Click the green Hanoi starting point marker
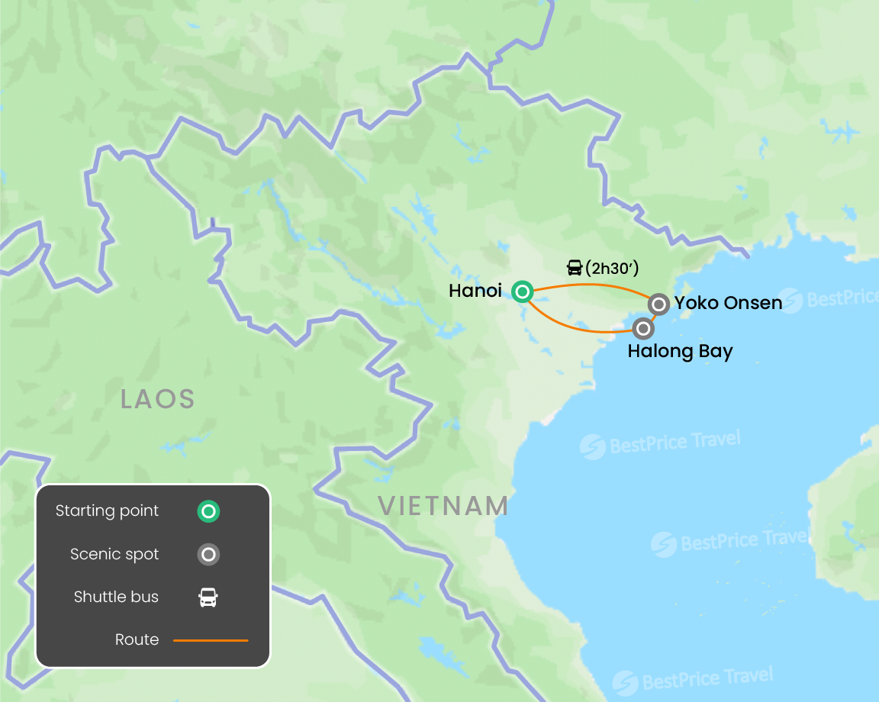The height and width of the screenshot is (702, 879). coord(522,291)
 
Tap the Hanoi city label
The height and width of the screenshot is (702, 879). coord(475,291)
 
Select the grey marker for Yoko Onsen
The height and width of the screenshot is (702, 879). coord(659,304)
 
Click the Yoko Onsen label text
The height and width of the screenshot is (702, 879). coord(728,303)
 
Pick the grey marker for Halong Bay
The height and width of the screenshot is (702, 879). coord(644,329)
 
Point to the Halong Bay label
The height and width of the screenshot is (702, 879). coord(680,352)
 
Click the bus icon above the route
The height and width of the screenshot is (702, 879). coord(575,268)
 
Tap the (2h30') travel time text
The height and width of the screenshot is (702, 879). coord(612,268)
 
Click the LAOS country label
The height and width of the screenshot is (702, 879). coord(158,398)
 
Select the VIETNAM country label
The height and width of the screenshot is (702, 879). coord(443,506)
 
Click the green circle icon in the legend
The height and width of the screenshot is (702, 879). coord(208,511)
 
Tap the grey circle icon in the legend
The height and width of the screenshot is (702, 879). coord(208,555)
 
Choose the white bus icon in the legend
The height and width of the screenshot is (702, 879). coord(208,597)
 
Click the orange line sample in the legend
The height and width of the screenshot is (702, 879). coord(211,640)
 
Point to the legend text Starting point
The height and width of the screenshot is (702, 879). coord(107,511)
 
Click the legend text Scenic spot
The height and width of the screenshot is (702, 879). coord(114,555)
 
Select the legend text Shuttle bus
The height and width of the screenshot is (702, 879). coord(116,597)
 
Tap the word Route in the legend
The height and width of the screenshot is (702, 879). coord(137,640)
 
